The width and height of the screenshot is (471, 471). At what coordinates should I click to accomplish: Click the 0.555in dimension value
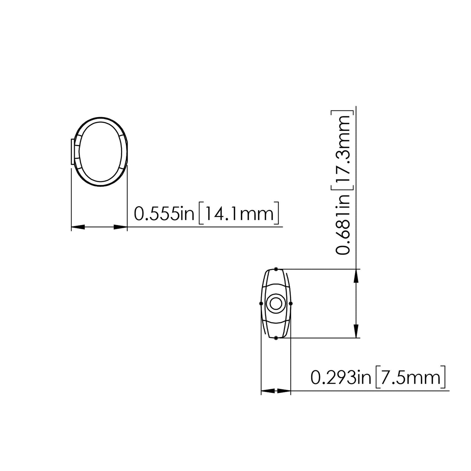(164, 213)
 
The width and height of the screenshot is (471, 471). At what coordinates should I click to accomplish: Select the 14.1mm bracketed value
(239, 213)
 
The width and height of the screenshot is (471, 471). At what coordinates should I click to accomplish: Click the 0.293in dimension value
(341, 378)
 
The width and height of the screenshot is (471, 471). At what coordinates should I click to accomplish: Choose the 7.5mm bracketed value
(410, 378)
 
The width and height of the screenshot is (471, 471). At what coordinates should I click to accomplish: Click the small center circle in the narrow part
(276, 303)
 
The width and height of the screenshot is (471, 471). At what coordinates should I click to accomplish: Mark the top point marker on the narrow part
(276, 269)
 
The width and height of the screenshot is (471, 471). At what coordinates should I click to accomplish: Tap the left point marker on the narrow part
(261, 303)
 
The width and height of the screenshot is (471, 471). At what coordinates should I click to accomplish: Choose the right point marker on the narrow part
(291, 303)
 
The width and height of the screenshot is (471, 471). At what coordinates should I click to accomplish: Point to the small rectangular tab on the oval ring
(72, 152)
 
